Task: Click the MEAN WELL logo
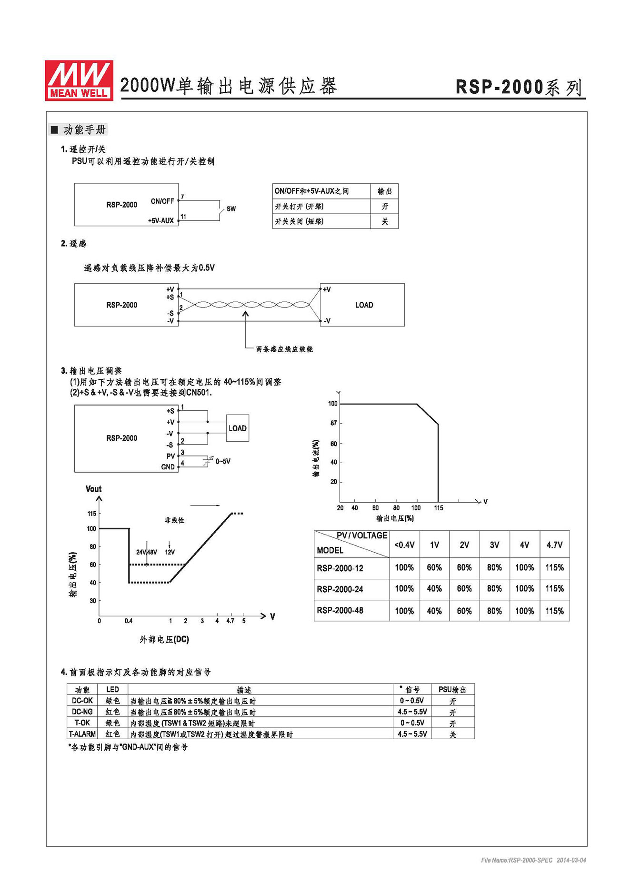79,80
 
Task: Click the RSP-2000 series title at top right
519,87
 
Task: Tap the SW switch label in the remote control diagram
231,209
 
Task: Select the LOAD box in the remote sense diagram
364,305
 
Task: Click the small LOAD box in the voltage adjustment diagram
237,428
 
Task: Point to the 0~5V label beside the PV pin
223,461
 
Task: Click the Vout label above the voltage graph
93,489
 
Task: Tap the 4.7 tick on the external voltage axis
230,621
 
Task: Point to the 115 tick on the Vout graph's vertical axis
91,514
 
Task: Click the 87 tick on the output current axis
333,423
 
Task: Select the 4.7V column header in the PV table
554,545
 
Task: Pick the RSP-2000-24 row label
340,589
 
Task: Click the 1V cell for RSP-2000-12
434,567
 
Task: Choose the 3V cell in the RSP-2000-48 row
494,611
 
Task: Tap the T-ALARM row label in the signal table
82,734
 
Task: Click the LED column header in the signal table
112,690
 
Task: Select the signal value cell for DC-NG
412,712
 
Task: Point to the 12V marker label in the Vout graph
170,552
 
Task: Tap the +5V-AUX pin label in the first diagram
160,221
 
